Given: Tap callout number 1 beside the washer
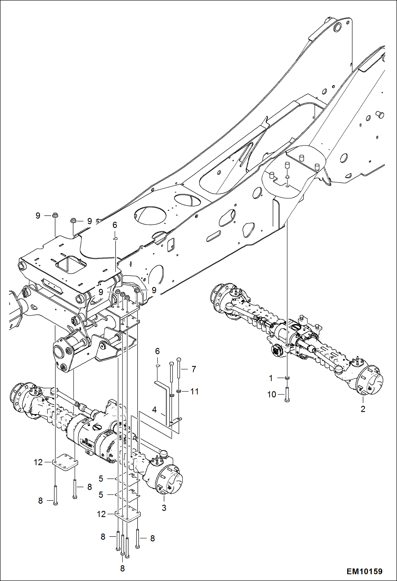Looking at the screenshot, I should coord(271,378).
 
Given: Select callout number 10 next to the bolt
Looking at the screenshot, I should coord(272,394).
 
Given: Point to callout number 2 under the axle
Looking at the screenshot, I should coord(363,409).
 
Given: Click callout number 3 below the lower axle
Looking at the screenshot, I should coord(164,508).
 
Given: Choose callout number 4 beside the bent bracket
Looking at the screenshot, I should coord(154,410).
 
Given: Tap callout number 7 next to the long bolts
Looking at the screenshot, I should coord(194,369).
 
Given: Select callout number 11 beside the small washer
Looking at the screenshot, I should coord(195,391).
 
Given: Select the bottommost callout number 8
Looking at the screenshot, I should coord(122,569).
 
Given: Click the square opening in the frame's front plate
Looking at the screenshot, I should coord(70,264).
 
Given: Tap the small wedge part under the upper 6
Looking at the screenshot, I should coord(115,238).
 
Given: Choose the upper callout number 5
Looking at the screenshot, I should coord(101,479).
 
